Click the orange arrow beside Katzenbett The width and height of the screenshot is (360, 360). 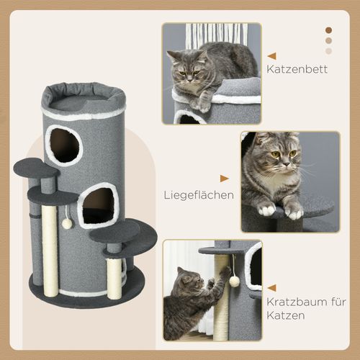click(271, 55)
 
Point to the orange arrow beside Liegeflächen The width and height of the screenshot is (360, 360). click(225, 178)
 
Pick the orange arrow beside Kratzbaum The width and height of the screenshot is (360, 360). click(271, 287)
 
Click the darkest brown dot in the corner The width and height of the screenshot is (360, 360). click(329, 30)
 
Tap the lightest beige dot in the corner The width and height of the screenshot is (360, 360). click(329, 50)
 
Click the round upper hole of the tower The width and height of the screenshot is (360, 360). click(65, 145)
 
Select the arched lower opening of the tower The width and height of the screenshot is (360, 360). click(97, 206)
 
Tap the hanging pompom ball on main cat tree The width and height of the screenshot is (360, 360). click(67, 223)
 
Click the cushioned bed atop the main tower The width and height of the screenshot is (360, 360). click(83, 97)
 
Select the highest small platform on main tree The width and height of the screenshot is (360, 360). click(36, 169)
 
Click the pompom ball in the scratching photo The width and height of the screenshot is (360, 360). click(235, 280)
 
